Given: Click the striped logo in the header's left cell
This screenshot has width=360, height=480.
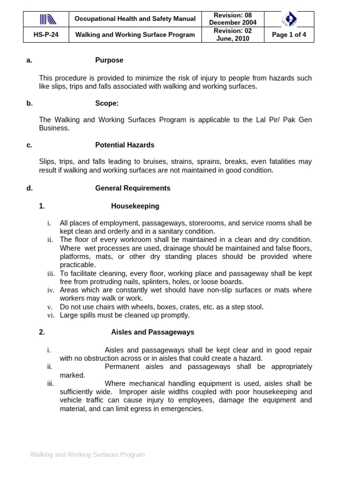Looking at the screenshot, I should pos(48,19).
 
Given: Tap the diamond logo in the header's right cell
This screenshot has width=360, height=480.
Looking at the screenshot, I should pos(289,19).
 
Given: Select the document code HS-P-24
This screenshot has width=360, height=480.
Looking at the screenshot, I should pos(46,35).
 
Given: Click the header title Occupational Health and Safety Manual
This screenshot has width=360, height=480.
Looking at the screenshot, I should pos(135,19).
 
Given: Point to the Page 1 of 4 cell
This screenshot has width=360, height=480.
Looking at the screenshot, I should pos(289,35).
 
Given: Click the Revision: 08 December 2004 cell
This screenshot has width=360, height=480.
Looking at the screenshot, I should pos(233,19).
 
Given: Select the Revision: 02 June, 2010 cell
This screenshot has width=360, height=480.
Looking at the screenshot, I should pos(233,35).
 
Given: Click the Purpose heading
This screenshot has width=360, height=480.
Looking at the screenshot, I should pos(109,60).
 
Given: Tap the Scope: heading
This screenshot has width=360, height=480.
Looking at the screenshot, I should pos(107,104).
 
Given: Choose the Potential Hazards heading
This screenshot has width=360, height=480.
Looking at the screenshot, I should pos(125,145).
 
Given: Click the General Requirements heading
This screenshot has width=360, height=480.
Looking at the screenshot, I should pos(133,188).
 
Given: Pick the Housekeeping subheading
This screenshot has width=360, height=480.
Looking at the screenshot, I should pos(135,206).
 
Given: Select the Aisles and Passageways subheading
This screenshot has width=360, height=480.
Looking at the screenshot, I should pos(152,332).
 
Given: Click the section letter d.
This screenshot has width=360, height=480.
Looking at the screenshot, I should pos(30,188).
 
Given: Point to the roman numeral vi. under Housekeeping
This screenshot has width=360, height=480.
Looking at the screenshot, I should pos(51,315).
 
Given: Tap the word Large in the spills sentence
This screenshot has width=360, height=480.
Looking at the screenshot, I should pos(69,315).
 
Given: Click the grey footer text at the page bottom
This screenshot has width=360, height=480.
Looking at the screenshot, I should pos(88,455).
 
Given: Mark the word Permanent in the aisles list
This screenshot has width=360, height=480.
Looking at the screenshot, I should pos(123,367).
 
